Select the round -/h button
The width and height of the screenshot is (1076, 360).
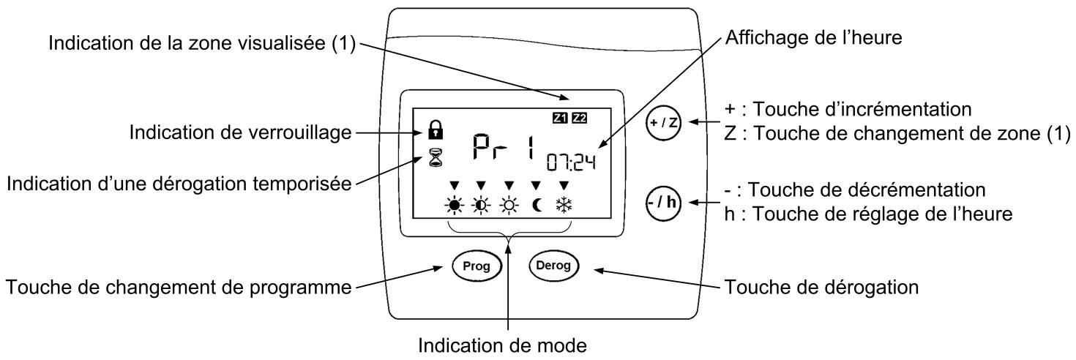(663, 203)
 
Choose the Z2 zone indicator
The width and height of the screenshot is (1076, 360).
(580, 117)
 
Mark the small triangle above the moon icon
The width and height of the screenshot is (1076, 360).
(535, 185)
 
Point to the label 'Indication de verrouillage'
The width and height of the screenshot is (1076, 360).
(241, 132)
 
